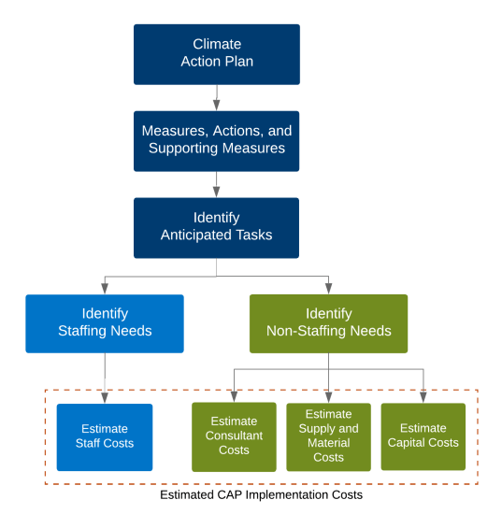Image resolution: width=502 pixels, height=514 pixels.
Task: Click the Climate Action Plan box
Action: point(216,53)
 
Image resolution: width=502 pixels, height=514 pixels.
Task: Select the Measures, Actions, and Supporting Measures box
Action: point(216,139)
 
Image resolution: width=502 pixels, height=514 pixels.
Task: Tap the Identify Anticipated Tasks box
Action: point(216,227)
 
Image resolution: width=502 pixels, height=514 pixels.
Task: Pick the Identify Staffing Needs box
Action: point(104,322)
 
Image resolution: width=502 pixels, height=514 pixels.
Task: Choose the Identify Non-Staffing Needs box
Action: point(328,322)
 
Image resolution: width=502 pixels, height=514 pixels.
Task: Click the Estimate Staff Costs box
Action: point(104,435)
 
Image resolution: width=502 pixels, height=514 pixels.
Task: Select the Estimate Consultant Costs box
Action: point(234,436)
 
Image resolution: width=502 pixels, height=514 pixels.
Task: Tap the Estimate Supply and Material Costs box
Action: point(328,436)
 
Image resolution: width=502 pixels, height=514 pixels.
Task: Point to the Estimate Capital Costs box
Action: point(423,436)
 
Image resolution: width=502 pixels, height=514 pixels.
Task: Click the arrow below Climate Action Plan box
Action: point(216,97)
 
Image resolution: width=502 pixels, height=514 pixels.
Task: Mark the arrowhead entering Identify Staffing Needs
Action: point(104,289)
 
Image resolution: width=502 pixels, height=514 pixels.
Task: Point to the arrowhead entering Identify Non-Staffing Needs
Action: point(328,289)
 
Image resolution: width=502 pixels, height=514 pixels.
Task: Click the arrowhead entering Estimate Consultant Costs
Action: point(234,396)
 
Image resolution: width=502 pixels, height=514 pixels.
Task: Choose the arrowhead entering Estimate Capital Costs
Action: point(423,396)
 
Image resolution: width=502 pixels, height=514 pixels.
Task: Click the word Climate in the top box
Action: point(216,44)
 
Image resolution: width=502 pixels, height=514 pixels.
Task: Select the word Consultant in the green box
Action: point(234,435)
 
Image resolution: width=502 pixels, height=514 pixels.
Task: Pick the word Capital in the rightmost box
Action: point(411,443)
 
